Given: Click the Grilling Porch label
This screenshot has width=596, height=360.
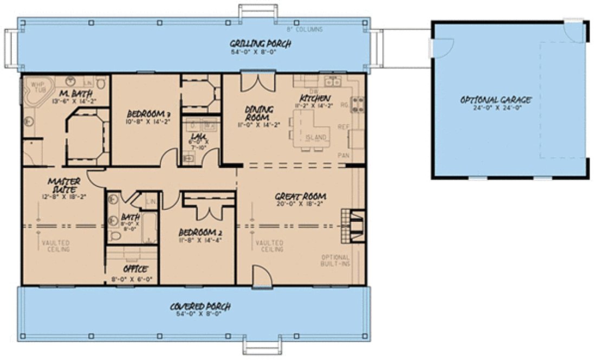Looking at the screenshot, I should coord(253,43).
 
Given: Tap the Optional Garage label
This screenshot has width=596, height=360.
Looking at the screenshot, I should coord(496,100).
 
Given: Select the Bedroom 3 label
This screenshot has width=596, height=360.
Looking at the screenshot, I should coord(149,114).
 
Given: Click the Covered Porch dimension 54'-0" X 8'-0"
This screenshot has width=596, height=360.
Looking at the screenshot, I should coord(200,314).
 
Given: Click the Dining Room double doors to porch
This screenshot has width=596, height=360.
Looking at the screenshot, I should coord(254,82).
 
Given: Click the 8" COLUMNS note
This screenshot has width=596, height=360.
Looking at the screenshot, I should coord(305,29).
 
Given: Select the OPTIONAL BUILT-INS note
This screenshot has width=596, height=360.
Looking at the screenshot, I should coord(335,260).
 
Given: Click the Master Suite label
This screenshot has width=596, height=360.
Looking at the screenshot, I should coord(64,184).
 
